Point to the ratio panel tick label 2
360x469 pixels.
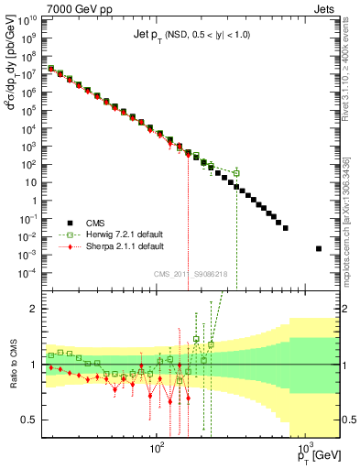[x=35, y=309]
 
